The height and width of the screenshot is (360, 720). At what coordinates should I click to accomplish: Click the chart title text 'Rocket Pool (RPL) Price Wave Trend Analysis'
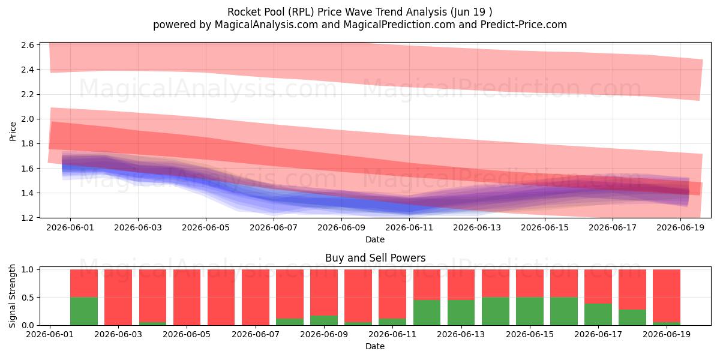pyautogui.click(x=337, y=12)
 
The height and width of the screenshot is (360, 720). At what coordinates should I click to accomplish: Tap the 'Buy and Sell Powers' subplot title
pyautogui.click(x=375, y=258)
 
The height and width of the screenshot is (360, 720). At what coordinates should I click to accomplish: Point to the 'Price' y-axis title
pyautogui.click(x=13, y=131)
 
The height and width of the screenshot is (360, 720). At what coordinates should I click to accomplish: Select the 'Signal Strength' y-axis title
pyautogui.click(x=12, y=296)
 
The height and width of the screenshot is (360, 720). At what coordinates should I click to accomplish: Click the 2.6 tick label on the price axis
pyautogui.click(x=28, y=45)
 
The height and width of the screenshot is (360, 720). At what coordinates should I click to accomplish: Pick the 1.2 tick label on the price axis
pyautogui.click(x=28, y=218)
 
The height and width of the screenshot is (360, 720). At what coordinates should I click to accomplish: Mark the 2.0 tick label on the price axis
pyautogui.click(x=28, y=119)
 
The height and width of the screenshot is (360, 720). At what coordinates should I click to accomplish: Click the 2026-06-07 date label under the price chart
pyautogui.click(x=274, y=227)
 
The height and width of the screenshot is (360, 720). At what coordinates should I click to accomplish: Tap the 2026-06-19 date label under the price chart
pyautogui.click(x=680, y=227)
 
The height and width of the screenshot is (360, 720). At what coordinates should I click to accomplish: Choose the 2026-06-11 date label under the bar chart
pyautogui.click(x=392, y=334)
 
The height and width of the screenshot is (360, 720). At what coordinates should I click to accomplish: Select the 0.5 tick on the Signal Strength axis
pyautogui.click(x=28, y=298)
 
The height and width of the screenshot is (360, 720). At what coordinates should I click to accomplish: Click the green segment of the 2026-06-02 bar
pyautogui.click(x=84, y=311)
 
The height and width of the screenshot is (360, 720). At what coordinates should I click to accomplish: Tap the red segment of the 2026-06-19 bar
pyautogui.click(x=667, y=296)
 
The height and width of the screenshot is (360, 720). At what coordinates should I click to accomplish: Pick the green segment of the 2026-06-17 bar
pyautogui.click(x=598, y=314)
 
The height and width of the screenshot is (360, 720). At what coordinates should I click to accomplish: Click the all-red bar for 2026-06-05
pyautogui.click(x=187, y=298)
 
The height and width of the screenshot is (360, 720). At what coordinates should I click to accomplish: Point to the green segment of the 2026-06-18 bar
pyautogui.click(x=632, y=317)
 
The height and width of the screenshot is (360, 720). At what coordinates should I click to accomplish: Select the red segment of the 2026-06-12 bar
pyautogui.click(x=427, y=285)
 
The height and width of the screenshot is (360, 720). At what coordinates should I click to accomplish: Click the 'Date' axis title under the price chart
pyautogui.click(x=375, y=239)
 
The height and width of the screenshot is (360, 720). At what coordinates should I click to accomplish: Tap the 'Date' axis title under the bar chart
pyautogui.click(x=375, y=346)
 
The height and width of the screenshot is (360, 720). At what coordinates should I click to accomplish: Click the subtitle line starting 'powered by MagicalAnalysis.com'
pyautogui.click(x=360, y=25)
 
